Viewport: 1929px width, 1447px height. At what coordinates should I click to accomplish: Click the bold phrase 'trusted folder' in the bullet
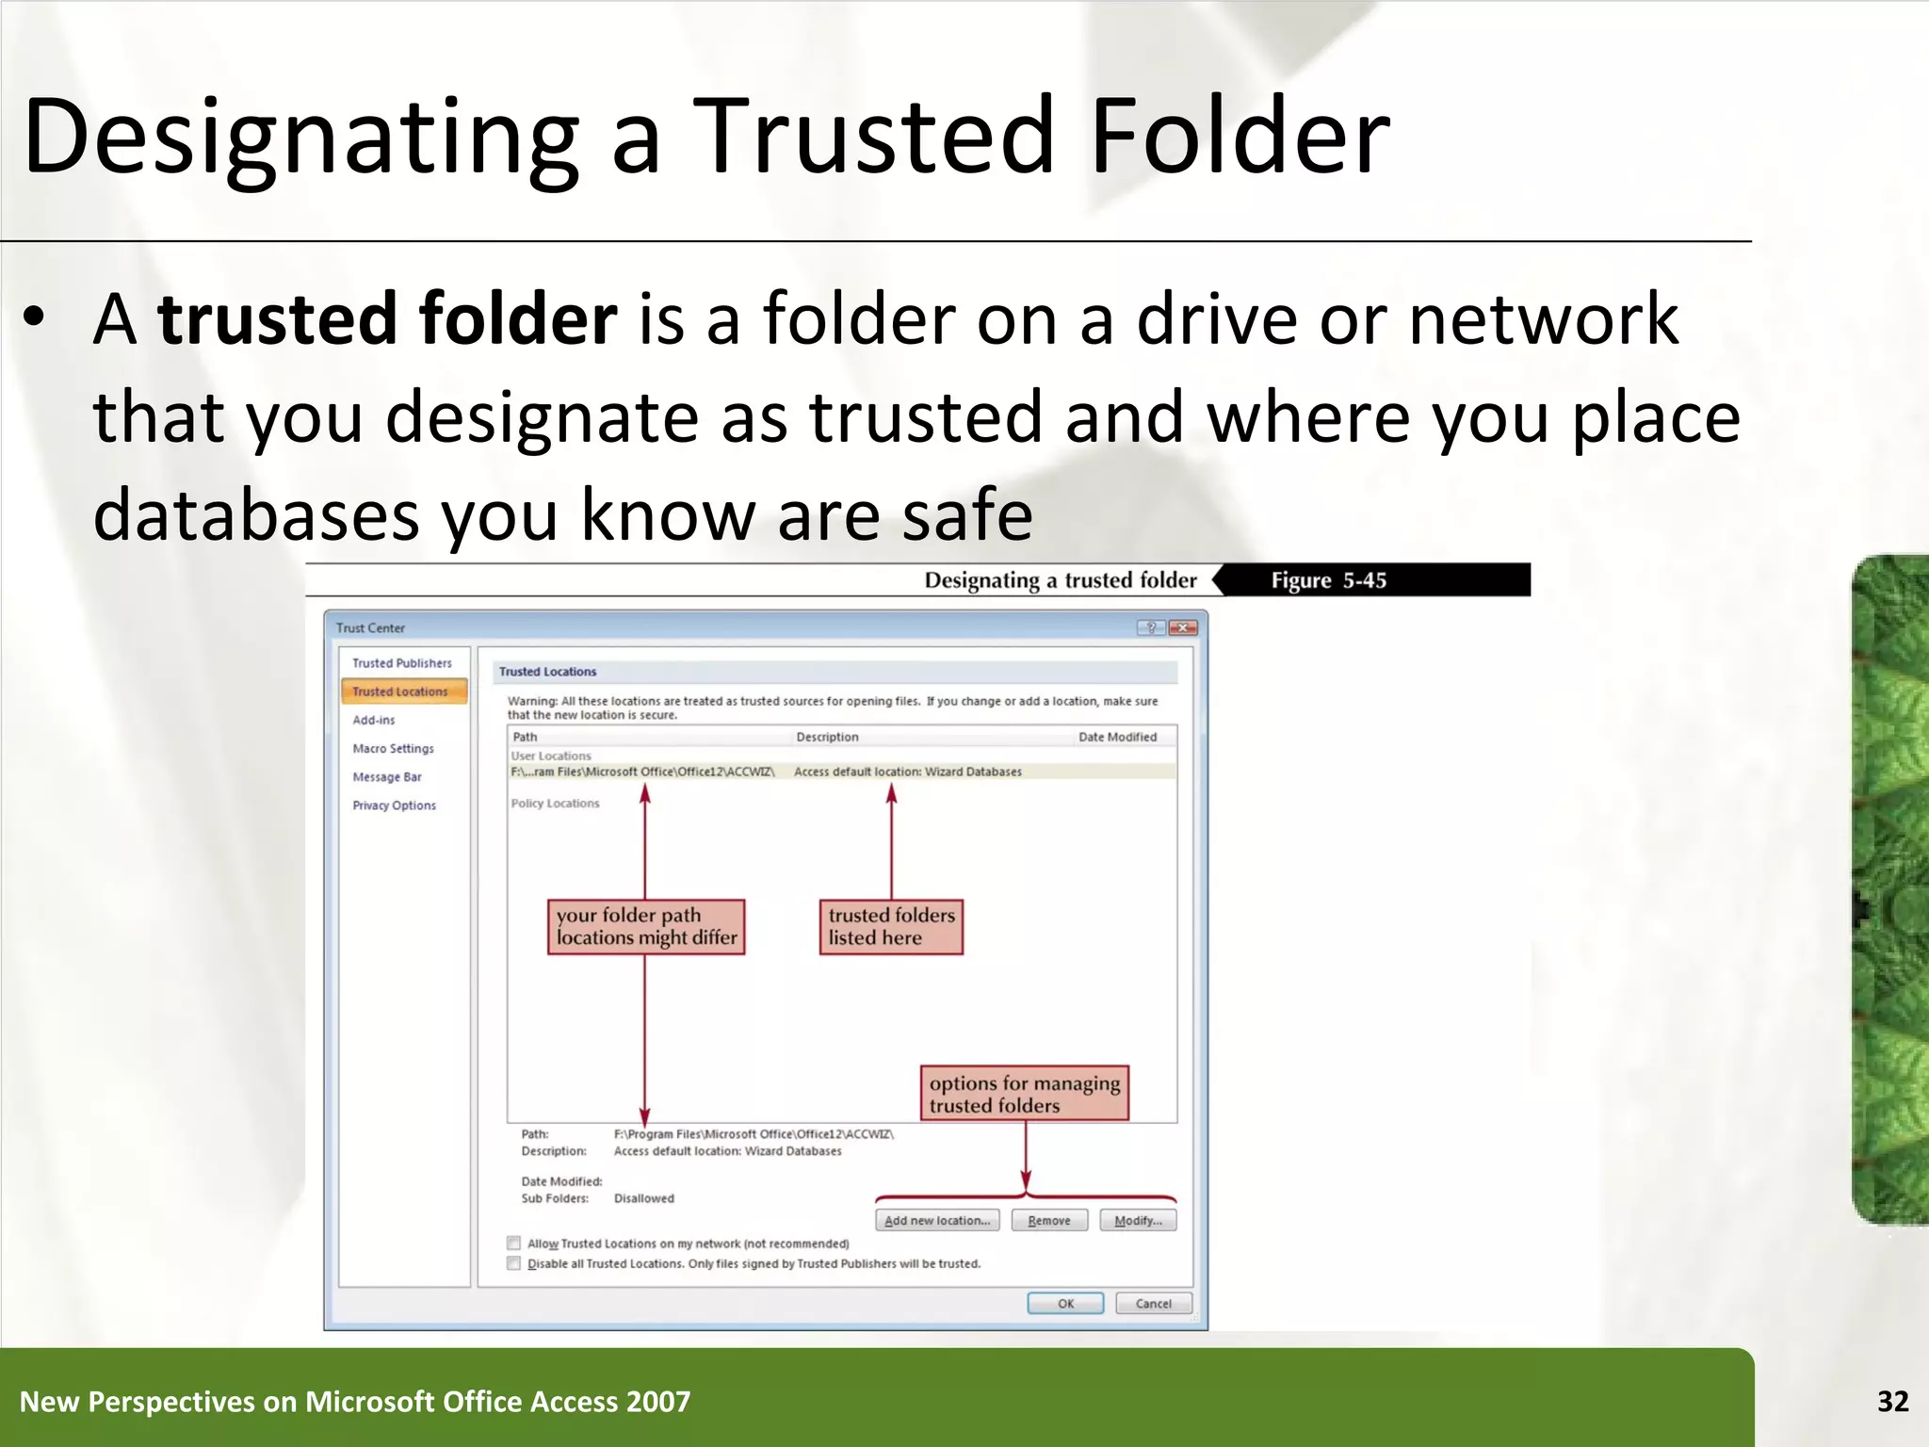pyautogui.click(x=387, y=319)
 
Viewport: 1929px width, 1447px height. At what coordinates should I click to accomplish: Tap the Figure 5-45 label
pyautogui.click(x=1328, y=580)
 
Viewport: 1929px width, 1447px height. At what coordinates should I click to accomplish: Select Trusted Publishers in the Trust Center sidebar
pyautogui.click(x=402, y=663)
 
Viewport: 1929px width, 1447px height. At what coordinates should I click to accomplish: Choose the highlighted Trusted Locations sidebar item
pyautogui.click(x=400, y=691)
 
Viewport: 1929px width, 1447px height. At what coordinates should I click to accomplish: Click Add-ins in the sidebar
pyautogui.click(x=374, y=720)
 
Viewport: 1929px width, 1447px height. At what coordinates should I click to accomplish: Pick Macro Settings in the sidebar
pyautogui.click(x=393, y=749)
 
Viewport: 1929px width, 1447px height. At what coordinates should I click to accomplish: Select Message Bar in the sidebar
pyautogui.click(x=387, y=777)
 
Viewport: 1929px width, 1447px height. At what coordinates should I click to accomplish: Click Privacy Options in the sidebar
pyautogui.click(x=394, y=805)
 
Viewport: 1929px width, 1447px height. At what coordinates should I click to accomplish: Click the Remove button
pyautogui.click(x=1048, y=1221)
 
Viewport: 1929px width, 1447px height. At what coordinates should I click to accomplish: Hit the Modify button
pyautogui.click(x=1137, y=1221)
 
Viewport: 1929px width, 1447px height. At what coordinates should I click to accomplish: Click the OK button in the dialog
pyautogui.click(x=1065, y=1304)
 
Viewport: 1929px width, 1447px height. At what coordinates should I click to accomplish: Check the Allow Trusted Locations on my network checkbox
pyautogui.click(x=514, y=1244)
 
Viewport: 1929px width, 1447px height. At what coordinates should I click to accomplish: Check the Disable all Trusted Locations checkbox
pyautogui.click(x=514, y=1264)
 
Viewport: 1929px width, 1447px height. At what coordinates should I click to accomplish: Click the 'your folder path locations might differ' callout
pyautogui.click(x=646, y=927)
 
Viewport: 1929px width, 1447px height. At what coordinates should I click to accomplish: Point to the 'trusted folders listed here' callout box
pyautogui.click(x=891, y=927)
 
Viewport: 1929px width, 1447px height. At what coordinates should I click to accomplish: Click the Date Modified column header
pyautogui.click(x=1117, y=737)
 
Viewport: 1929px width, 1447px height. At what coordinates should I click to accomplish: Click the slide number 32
pyautogui.click(x=1892, y=1402)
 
